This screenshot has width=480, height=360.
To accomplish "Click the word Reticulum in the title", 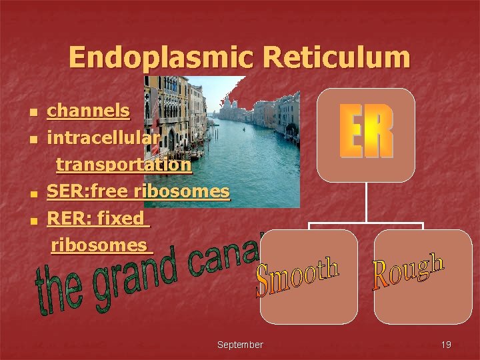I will [x=336, y=58].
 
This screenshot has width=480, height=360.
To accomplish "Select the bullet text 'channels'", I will [x=88, y=110].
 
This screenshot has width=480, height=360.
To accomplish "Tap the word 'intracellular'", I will [x=103, y=138].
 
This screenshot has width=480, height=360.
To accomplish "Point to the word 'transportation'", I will [x=123, y=165].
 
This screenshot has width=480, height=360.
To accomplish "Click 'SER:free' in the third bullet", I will [x=88, y=192].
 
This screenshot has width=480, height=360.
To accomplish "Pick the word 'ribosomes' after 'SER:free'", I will [x=181, y=192].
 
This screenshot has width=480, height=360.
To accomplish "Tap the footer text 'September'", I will [x=240, y=345].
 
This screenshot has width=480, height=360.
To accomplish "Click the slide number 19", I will [x=446, y=345].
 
